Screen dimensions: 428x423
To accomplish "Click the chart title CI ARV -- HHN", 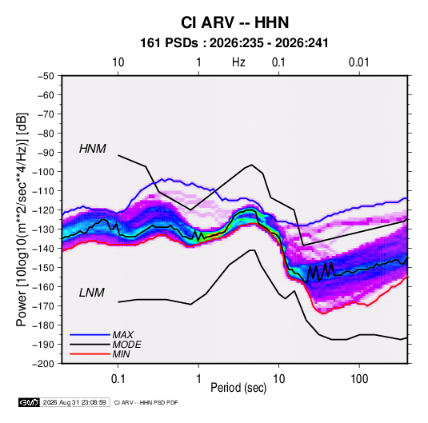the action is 234,22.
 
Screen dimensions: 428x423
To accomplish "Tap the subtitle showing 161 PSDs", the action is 234,43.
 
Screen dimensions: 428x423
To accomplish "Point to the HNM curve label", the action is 93,149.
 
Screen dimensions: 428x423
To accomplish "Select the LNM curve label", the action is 92,293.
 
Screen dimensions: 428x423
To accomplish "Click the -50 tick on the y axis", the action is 46,76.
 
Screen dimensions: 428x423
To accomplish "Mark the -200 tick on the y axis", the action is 43,364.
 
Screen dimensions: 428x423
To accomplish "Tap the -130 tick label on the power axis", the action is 43,229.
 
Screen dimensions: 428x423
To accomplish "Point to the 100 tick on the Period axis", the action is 359,379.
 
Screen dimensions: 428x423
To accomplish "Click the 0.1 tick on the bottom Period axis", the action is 118,379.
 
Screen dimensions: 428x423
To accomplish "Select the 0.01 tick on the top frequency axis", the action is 359,62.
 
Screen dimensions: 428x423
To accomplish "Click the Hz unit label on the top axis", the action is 238,62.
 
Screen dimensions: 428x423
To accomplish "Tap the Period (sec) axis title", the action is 238,388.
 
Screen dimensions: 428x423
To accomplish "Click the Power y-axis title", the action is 22,220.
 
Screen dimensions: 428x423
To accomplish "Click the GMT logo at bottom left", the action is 30,402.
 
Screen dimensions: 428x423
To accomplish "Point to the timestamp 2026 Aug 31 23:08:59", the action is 74,402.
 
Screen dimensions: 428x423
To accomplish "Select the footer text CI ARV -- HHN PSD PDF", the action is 146,402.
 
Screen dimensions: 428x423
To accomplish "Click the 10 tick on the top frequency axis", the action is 118,62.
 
